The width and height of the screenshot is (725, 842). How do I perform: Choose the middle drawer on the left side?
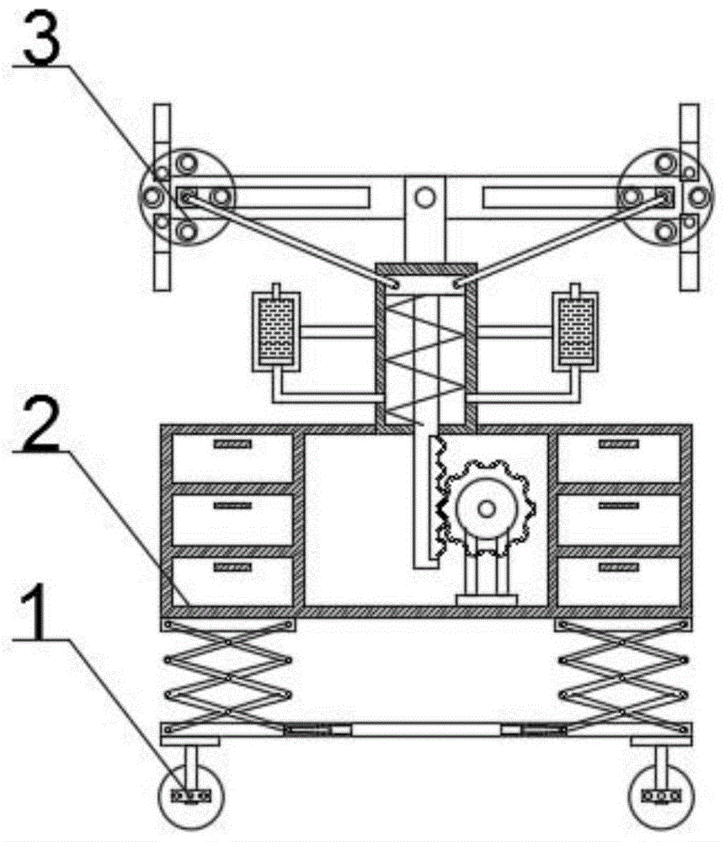pyautogui.click(x=232, y=519)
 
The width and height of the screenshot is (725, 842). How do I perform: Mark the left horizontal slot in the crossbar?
pyautogui.click(x=320, y=198)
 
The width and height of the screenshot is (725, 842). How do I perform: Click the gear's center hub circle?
pyautogui.click(x=486, y=508)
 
